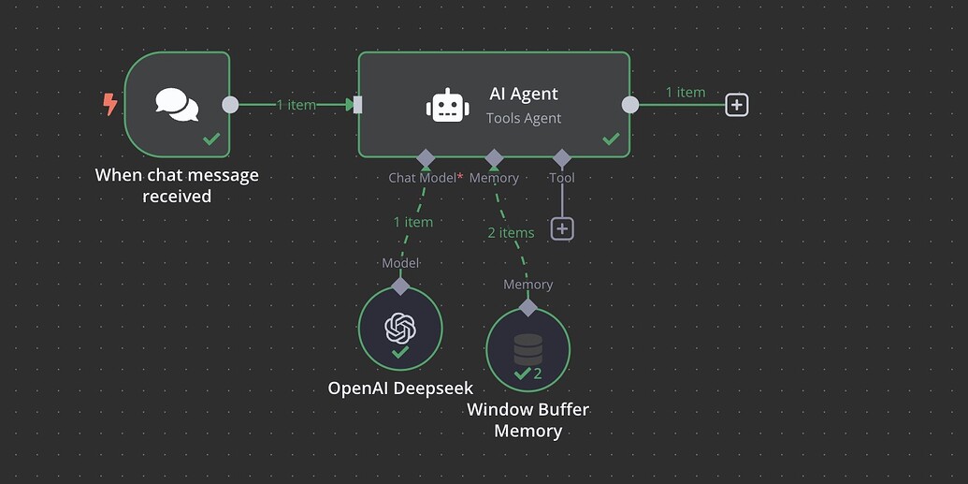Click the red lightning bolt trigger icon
click(109, 104)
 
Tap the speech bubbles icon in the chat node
click(177, 104)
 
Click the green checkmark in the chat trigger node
click(212, 139)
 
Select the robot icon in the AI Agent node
click(447, 105)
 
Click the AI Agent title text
click(524, 94)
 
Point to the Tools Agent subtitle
click(524, 118)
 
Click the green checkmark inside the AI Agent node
click(611, 139)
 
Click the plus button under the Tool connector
click(562, 228)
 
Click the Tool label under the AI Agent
click(562, 178)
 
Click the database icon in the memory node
click(528, 348)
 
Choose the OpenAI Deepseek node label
click(400, 388)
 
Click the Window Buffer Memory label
click(528, 420)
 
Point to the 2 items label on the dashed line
click(511, 232)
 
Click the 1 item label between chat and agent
click(296, 105)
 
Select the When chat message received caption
click(177, 185)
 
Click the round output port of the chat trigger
click(230, 105)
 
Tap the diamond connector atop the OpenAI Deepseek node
click(400, 286)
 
